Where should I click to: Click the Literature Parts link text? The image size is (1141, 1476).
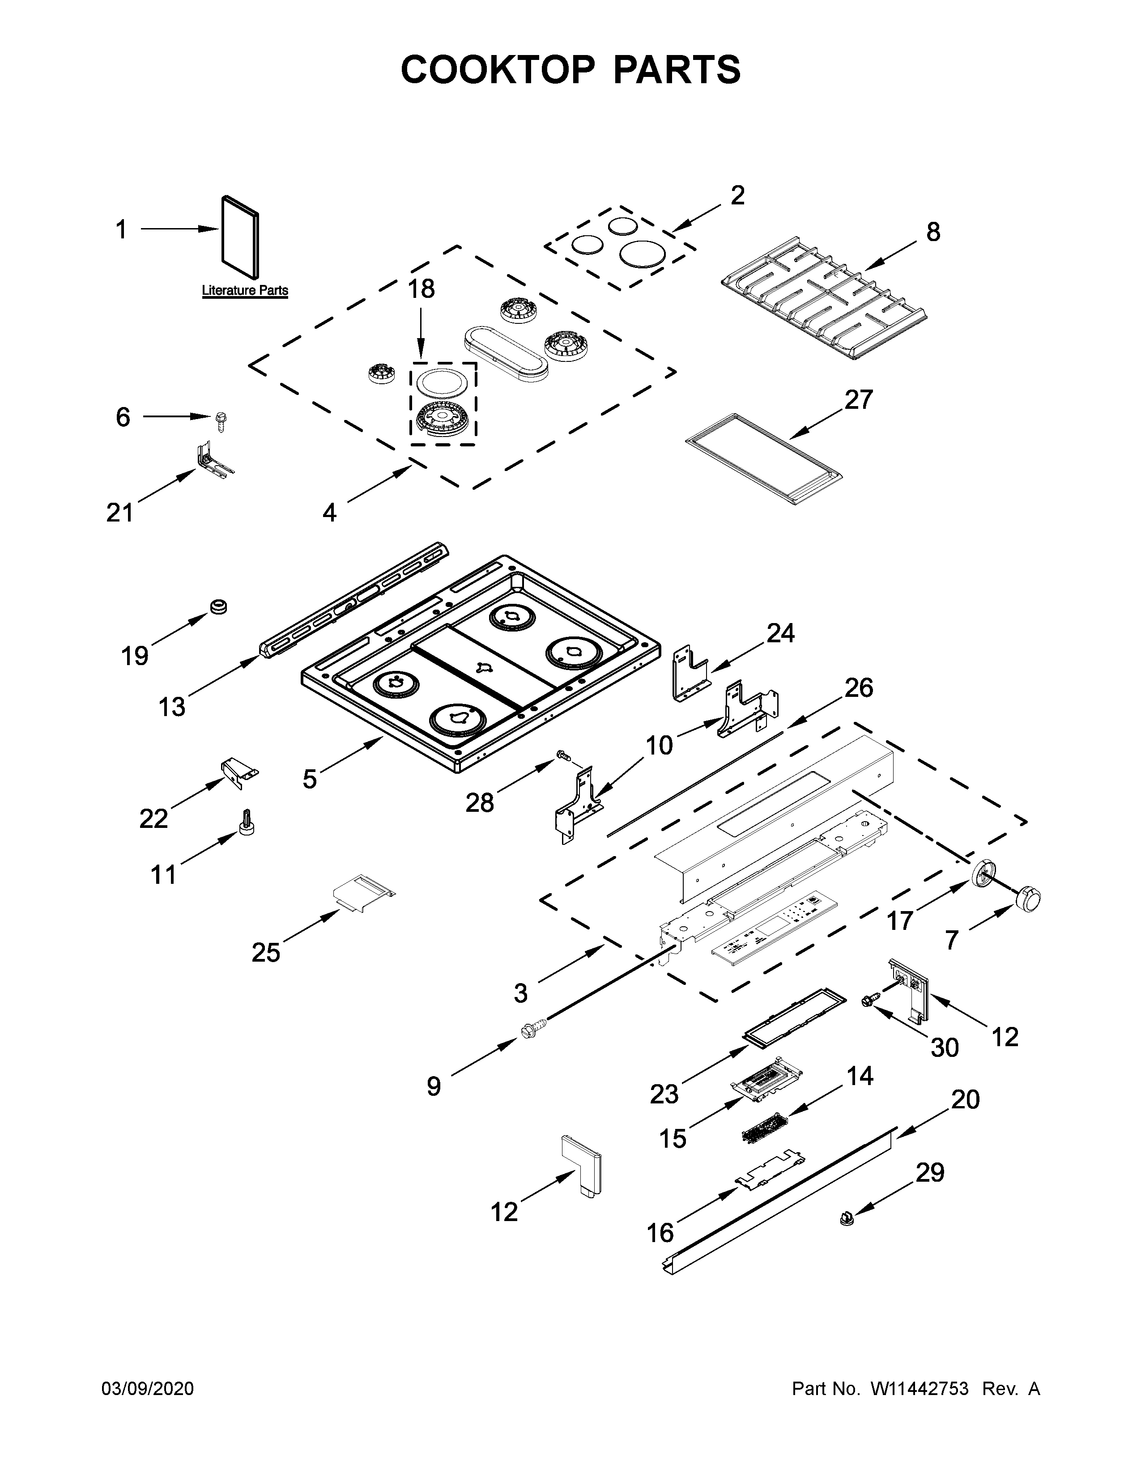tap(245, 291)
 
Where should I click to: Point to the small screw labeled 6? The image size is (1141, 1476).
tap(220, 421)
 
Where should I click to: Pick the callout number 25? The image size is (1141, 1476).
tap(266, 953)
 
